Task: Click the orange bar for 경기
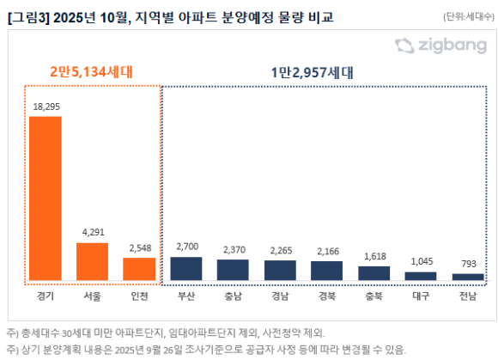pyautogui.click(x=46, y=198)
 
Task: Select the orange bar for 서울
pyautogui.click(x=93, y=261)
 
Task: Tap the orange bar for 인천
pyautogui.click(x=139, y=269)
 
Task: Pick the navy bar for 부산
pyautogui.click(x=186, y=269)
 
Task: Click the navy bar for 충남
pyautogui.click(x=233, y=271)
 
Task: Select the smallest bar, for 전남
pyautogui.click(x=468, y=278)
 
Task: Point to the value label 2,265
pyautogui.click(x=280, y=252)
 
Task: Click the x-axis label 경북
pyautogui.click(x=326, y=296)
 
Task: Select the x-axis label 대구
pyautogui.click(x=421, y=296)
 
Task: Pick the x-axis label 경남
pyautogui.click(x=280, y=296)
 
